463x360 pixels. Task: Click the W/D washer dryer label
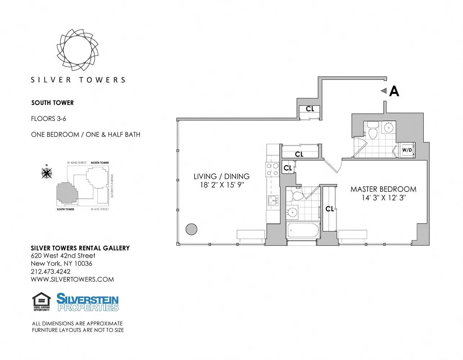(407, 150)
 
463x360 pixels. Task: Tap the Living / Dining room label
(221, 176)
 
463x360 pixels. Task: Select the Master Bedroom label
(383, 189)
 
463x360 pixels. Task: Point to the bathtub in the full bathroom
(303, 230)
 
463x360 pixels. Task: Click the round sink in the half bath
(389, 127)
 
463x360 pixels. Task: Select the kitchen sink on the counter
(273, 201)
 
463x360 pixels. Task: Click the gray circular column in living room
(191, 229)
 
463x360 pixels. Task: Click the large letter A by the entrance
(394, 91)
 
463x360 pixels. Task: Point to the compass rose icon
(46, 173)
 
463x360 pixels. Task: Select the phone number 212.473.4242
(50, 271)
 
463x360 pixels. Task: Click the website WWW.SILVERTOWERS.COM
(72, 279)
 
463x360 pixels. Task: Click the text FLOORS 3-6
(49, 118)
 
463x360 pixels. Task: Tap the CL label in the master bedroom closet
(329, 209)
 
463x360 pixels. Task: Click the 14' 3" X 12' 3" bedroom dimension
(384, 198)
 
